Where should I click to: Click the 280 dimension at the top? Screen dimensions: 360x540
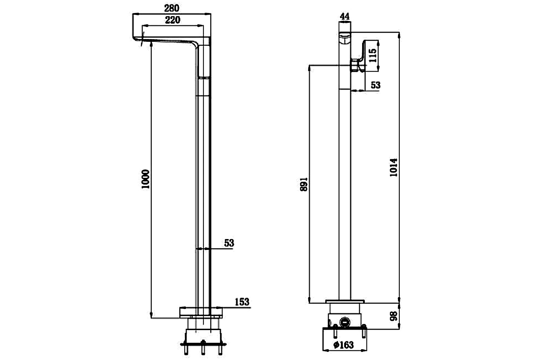[x=172, y=8]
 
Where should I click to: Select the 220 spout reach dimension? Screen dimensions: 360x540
[x=172, y=20]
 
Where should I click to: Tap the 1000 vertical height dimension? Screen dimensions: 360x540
[x=146, y=179]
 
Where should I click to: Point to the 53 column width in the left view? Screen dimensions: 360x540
[x=229, y=243]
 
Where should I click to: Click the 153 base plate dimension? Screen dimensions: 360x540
[x=242, y=302]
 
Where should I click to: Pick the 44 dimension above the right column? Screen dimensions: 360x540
[x=345, y=16]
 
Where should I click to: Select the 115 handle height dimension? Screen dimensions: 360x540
[x=373, y=55]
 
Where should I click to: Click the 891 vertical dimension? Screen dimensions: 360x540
[x=304, y=184]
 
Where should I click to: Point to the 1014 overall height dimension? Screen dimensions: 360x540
[x=393, y=167]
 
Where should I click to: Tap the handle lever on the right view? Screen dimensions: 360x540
[x=369, y=55]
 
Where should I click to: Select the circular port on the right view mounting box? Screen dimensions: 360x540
[x=345, y=321]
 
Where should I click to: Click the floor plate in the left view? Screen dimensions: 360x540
[x=201, y=313]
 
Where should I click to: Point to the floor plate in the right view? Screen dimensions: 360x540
[x=345, y=301]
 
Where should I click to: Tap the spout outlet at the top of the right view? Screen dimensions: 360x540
[x=345, y=37]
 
